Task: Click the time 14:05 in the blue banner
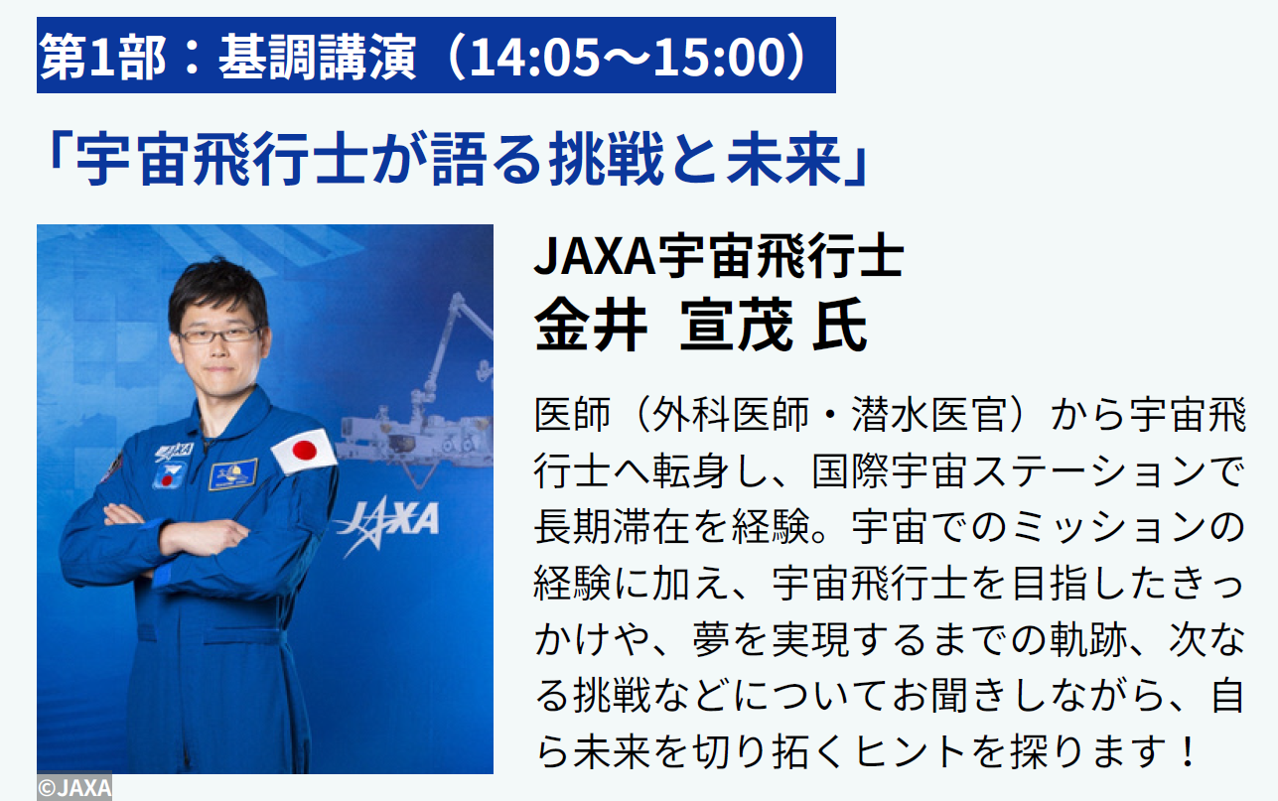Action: [535, 56]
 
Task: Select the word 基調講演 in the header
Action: [317, 56]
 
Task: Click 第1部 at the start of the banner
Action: [102, 56]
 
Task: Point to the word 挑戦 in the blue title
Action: [607, 159]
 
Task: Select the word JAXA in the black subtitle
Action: [594, 256]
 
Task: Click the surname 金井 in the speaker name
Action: [591, 325]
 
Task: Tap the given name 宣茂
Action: [736, 325]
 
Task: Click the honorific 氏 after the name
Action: [840, 325]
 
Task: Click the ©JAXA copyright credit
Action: [74, 788]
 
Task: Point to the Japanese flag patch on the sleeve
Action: [304, 452]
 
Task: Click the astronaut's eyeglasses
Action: [220, 334]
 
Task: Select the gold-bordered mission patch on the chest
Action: [233, 473]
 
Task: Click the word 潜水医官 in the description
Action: [929, 415]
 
